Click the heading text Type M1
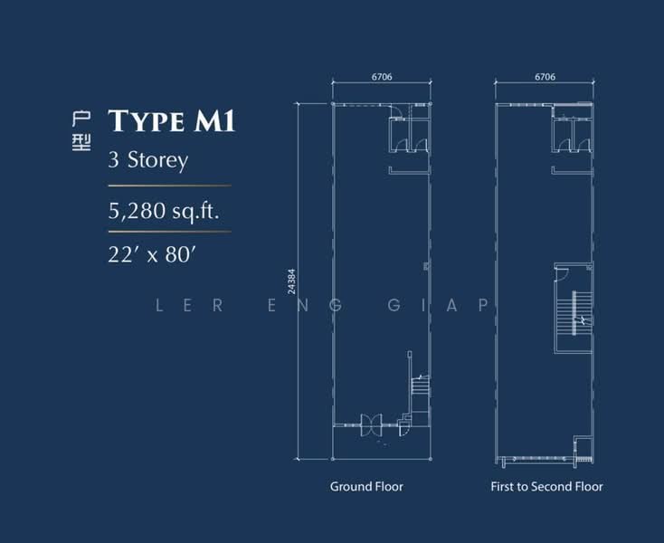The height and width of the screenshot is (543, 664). (x=171, y=120)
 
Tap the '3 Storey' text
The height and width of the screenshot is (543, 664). (x=147, y=161)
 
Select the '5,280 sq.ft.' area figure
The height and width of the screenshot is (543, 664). (x=164, y=212)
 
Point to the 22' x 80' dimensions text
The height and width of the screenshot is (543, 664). (x=151, y=254)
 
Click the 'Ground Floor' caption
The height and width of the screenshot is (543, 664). (x=366, y=487)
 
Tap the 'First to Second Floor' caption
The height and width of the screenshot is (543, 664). (x=546, y=487)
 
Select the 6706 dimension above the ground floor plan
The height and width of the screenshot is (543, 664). (x=381, y=78)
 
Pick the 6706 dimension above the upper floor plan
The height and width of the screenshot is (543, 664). (x=545, y=78)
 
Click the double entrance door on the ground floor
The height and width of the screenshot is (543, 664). (x=372, y=424)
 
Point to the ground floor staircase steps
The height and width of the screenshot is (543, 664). (x=418, y=388)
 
